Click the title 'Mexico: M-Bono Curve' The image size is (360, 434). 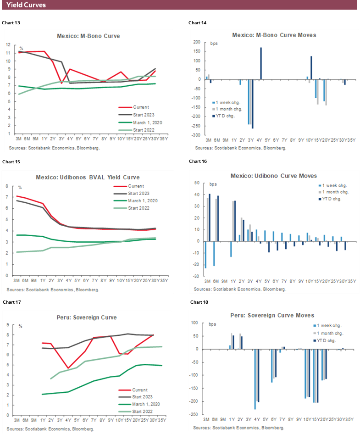88,36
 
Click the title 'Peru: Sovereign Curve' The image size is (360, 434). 88,317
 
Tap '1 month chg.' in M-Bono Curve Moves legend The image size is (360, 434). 233,109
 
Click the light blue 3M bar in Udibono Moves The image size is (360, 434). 206,255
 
